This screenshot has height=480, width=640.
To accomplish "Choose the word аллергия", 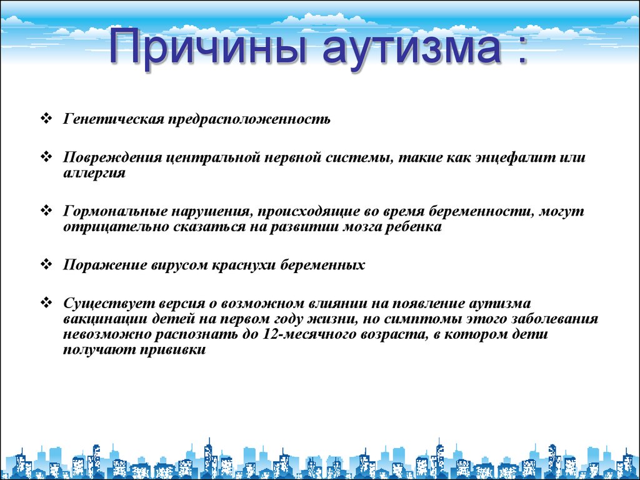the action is pyautogui.click(x=94, y=173).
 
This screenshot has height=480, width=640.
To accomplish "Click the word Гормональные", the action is pyautogui.click(x=115, y=212).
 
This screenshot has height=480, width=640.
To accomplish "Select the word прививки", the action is pyautogui.click(x=173, y=351).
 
